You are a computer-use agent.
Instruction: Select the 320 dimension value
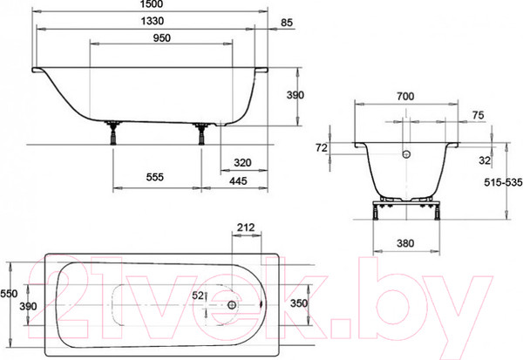click(243, 162)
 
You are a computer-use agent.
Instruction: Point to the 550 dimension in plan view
click(9, 294)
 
